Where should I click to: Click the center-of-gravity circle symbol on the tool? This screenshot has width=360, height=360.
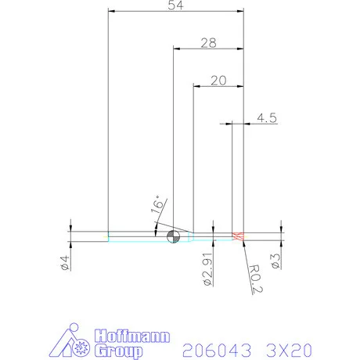point(174,237)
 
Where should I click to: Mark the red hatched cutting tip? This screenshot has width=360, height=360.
point(239,237)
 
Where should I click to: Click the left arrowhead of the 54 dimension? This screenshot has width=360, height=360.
point(112,12)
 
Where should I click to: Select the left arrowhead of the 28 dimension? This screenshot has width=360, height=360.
point(176,49)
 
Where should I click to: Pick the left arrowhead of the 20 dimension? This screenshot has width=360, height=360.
point(196,86)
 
